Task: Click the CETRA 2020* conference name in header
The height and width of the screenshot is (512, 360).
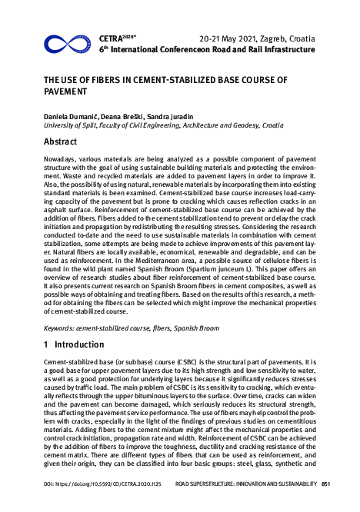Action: coord(117,36)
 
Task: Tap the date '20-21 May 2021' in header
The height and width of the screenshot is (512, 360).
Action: coord(228,37)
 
